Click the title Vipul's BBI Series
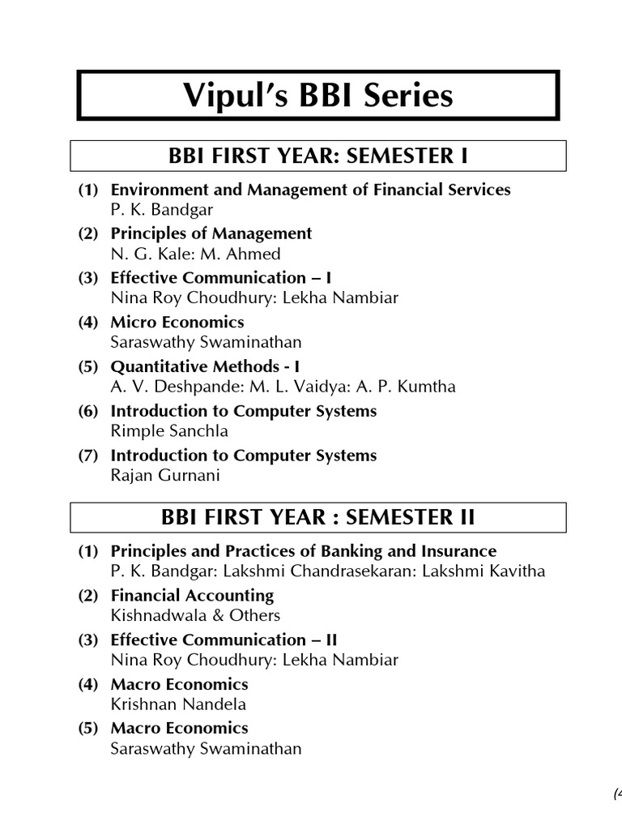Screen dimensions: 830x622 pos(317,96)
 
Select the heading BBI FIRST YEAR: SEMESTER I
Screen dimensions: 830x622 pos(317,155)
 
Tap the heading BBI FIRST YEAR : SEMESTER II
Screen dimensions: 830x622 pos(317,516)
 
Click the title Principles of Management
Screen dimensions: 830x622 pos(211,233)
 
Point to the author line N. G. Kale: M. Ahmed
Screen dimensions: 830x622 pos(195,254)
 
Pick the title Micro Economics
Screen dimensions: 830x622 pos(177,322)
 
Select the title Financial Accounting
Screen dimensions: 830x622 pos(192,595)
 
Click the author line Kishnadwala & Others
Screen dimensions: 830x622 pos(195,615)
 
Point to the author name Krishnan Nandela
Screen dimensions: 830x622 pos(178,704)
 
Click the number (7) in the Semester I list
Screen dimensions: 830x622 pos(87,456)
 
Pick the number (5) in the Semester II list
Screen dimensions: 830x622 pos(87,728)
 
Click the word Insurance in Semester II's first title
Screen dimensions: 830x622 pos(460,551)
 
